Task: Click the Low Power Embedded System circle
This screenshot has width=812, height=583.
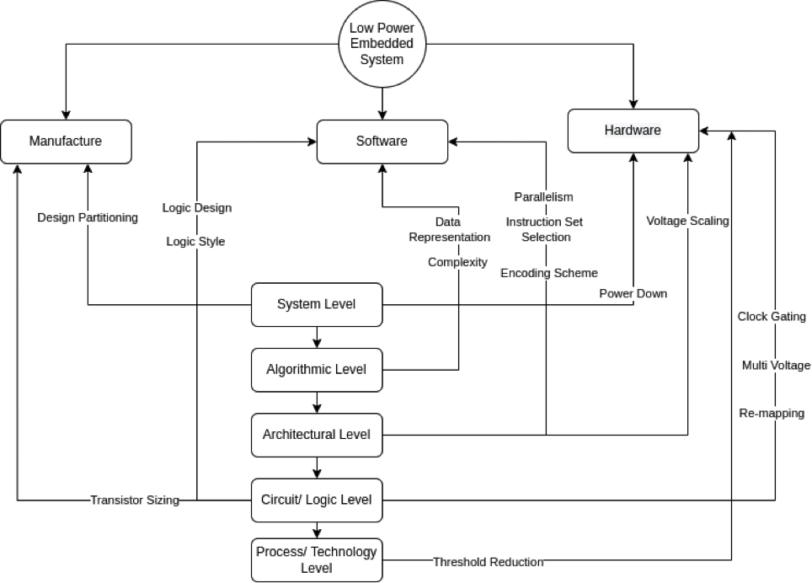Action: [x=382, y=44]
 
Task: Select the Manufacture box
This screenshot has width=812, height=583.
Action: [x=66, y=142]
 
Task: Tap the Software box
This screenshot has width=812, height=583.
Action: [x=382, y=142]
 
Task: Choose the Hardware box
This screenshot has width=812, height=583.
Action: [x=633, y=131]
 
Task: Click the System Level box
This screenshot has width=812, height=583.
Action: [x=317, y=304]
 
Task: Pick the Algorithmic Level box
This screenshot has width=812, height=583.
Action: [x=317, y=370]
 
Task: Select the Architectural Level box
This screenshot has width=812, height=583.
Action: [x=317, y=435]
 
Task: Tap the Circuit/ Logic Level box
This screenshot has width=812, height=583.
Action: [x=317, y=500]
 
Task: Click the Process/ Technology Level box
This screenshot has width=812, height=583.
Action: [x=317, y=559]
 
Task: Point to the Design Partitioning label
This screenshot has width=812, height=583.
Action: [x=88, y=217]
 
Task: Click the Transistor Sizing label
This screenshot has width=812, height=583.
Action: [x=135, y=500]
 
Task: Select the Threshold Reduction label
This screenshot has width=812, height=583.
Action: [x=489, y=562]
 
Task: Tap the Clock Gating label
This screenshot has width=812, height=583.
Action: [x=772, y=316]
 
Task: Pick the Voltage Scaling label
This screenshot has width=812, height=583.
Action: [x=687, y=221]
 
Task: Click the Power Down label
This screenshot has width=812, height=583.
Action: [x=633, y=293]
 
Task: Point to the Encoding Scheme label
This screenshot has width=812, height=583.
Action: [x=549, y=273]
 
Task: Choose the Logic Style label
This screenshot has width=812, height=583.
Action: [x=195, y=241]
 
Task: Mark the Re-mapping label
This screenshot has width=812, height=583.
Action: [x=772, y=413]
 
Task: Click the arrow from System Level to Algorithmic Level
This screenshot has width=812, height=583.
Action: [x=317, y=337]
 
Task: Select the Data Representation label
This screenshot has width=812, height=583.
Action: [x=449, y=229]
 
